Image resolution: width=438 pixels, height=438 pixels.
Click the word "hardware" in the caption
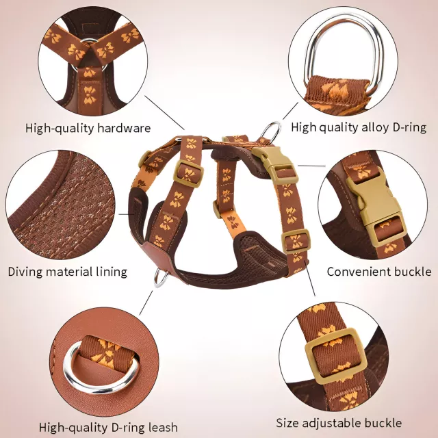point(124,128)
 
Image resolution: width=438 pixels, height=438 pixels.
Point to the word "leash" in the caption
point(163,427)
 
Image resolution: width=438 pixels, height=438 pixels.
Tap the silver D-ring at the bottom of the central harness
point(162,278)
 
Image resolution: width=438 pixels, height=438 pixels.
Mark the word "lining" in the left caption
point(112,272)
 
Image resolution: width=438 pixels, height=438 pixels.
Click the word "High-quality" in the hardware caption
point(60,129)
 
